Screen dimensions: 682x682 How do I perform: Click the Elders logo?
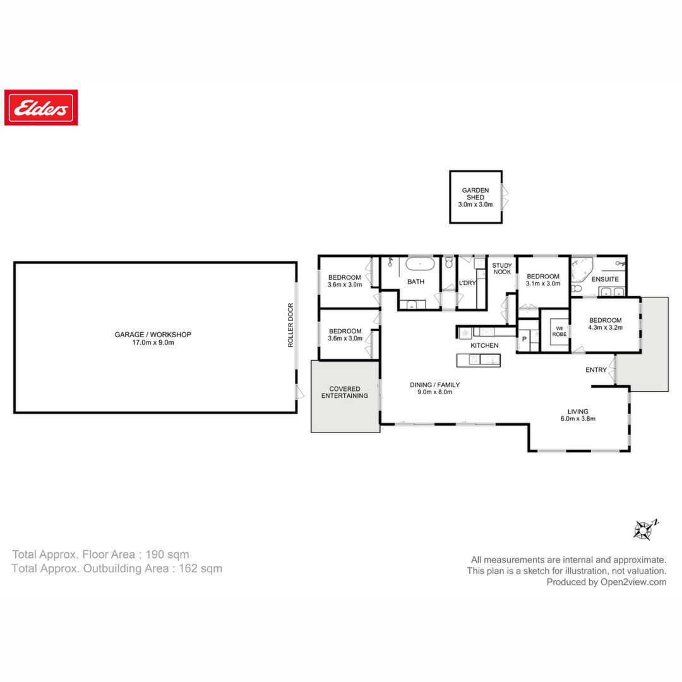41,107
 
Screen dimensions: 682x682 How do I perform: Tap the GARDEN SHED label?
475,194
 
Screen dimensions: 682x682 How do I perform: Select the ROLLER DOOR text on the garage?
290,325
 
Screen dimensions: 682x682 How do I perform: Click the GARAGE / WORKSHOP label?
153,335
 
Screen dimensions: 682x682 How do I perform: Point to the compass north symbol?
645,529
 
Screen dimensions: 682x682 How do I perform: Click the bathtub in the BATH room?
420,264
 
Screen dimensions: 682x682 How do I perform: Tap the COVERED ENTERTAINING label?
345,392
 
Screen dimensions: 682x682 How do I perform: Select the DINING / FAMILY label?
434,385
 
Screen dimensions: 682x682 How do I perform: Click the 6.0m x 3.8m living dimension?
578,419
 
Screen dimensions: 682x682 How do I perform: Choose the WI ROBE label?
559,332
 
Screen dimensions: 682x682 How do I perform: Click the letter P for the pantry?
525,339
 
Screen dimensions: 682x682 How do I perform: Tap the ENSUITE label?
604,279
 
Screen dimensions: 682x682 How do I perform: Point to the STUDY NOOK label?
502,268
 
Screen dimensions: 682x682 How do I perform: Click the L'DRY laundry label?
467,283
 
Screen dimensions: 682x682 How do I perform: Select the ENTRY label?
596,369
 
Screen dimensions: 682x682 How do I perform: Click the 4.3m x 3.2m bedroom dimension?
605,328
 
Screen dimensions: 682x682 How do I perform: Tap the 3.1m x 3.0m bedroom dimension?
543,284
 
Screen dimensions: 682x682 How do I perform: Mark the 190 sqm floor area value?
167,554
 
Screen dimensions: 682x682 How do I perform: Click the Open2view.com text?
633,582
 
